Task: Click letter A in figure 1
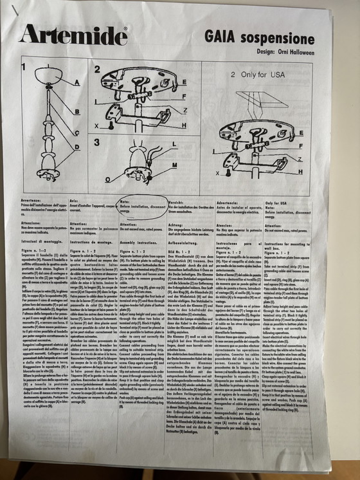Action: pos(77,83)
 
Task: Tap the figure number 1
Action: pos(24,66)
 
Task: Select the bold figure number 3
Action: pos(96,142)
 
